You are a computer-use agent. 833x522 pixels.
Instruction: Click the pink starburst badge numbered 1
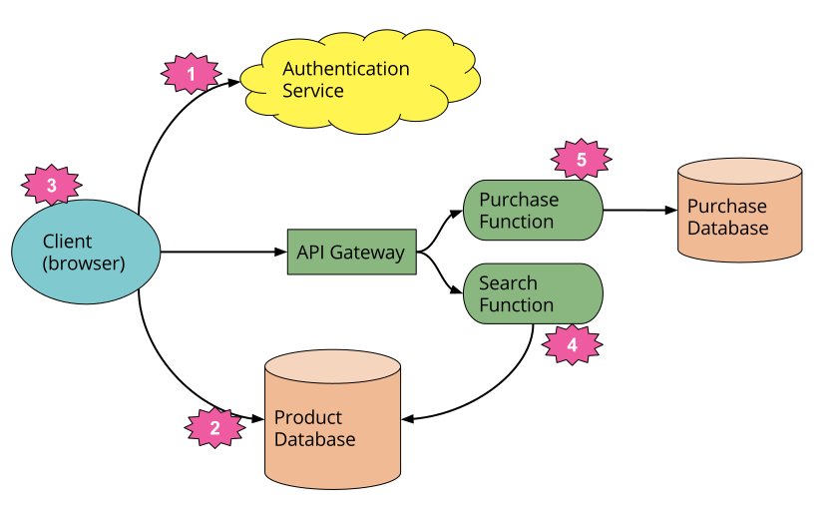(x=192, y=73)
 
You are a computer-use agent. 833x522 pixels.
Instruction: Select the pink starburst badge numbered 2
(x=214, y=428)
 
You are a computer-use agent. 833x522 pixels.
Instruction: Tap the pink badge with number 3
(x=52, y=185)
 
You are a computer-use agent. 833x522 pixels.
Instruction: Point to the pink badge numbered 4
(x=572, y=345)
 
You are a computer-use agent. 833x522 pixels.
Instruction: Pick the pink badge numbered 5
(x=582, y=159)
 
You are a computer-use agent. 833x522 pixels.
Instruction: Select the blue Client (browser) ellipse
(x=86, y=252)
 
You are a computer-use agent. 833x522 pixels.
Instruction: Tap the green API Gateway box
(x=351, y=253)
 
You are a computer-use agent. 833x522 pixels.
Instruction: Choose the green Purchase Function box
(x=533, y=211)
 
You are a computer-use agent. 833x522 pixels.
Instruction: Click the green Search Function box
(x=533, y=293)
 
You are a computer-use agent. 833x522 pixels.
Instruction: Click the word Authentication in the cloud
(x=345, y=69)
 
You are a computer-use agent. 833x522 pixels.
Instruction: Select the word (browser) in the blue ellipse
(x=84, y=264)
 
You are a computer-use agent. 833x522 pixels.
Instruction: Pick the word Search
(x=508, y=282)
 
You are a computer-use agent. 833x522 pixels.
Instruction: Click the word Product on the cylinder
(x=307, y=417)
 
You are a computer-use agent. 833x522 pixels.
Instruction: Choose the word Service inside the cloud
(x=312, y=91)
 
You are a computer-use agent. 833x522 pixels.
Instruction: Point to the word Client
(x=67, y=242)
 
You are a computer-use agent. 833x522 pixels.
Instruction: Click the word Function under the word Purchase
(x=516, y=222)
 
